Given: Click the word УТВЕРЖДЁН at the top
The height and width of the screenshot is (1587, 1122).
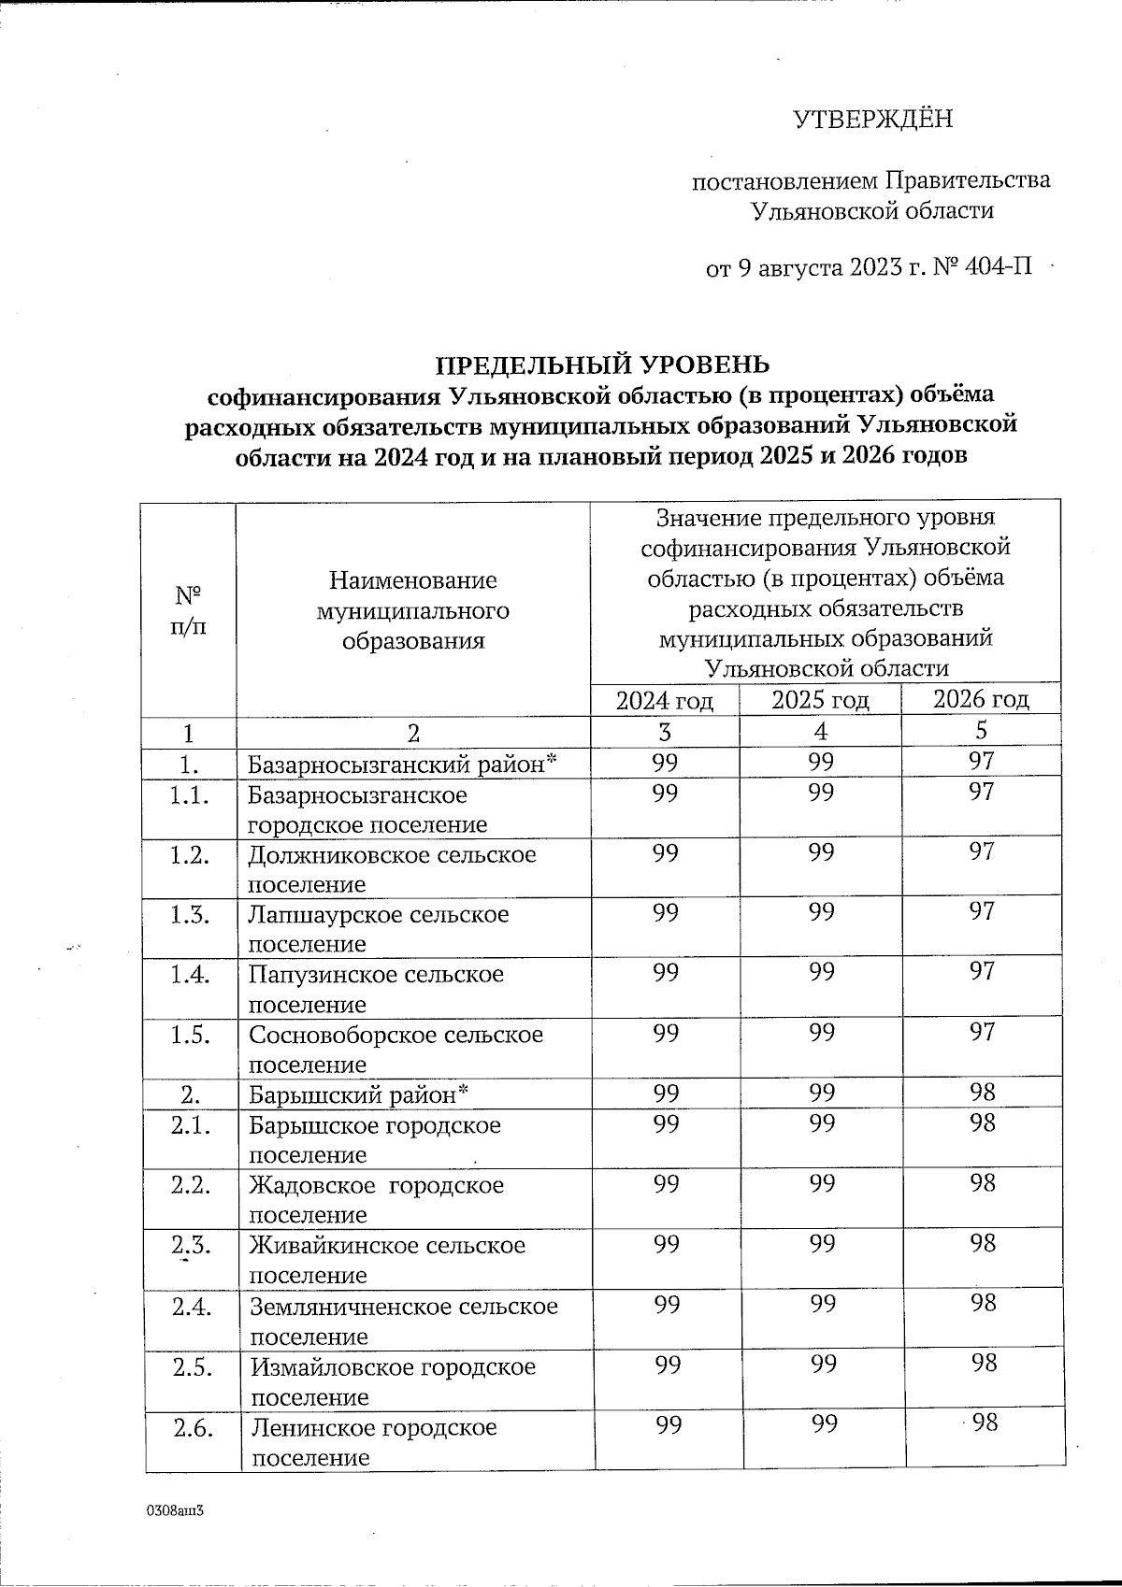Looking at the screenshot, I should point(872,120).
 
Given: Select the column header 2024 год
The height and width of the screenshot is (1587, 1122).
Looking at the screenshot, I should point(664,700).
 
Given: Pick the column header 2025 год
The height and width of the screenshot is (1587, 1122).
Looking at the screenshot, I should point(820,700).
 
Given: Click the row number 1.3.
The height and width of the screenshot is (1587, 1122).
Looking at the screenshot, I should point(190,914).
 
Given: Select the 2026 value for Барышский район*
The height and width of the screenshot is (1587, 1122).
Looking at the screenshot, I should point(983,1092).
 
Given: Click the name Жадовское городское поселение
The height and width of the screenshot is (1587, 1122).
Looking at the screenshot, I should point(376,1200).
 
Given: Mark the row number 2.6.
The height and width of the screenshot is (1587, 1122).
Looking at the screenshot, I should point(191,1427).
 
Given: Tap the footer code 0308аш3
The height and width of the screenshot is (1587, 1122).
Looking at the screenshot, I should point(174,1511).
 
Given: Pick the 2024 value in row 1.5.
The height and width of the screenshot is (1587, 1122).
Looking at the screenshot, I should point(665,1033).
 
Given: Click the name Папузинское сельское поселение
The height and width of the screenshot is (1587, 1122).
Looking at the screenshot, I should point(376,989).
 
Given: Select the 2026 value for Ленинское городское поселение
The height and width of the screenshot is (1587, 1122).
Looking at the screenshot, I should point(985,1423).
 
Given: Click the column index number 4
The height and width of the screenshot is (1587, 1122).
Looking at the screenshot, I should point(820,730).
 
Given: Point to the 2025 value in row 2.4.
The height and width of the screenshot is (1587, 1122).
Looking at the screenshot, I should point(822,1303).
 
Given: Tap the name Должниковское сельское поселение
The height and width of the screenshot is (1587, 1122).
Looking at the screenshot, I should point(392,869).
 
